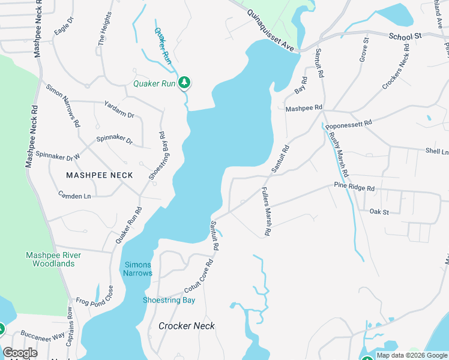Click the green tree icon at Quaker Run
pyautogui.click(x=185, y=83)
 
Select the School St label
pyautogui.click(x=405, y=37)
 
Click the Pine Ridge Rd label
pyautogui.click(x=354, y=188)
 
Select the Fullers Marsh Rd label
pyautogui.click(x=265, y=211)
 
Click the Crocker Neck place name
pyautogui.click(x=187, y=326)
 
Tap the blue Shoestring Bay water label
pyautogui.click(x=169, y=300)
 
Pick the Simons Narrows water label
pyautogui.click(x=138, y=269)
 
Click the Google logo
pyautogui.click(x=20, y=353)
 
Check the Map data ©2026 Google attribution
pyautogui.click(x=412, y=355)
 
